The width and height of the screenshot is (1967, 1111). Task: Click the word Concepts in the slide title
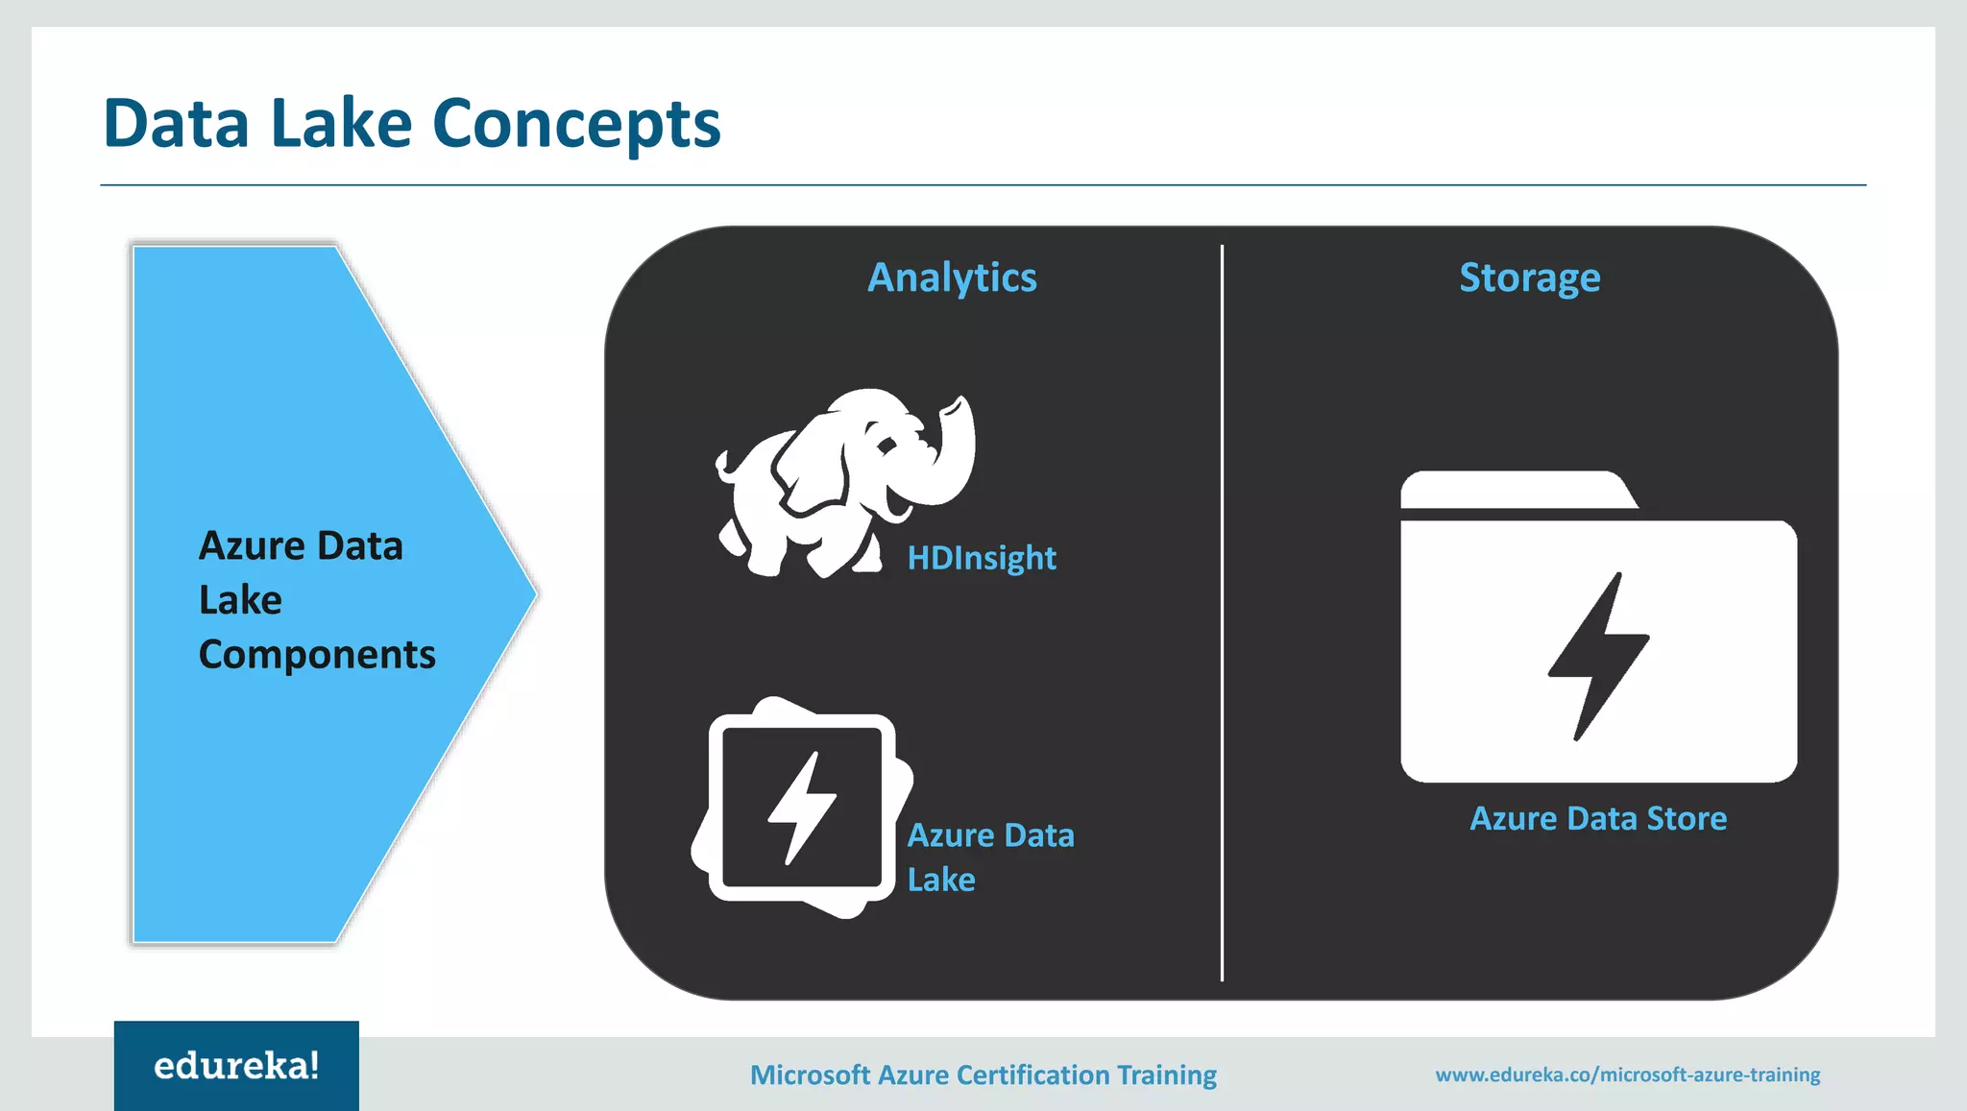click(x=576, y=125)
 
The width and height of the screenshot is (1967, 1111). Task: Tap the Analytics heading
click(x=952, y=278)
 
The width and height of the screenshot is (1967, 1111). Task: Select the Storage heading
click(x=1529, y=278)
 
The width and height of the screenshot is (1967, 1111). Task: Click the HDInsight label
click(x=981, y=558)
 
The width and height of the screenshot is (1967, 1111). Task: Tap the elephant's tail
click(x=725, y=465)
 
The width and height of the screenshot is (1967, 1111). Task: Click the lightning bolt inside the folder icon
click(x=1597, y=656)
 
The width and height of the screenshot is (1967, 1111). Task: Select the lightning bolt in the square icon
click(x=801, y=808)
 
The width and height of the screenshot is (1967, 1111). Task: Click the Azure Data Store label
click(x=1597, y=818)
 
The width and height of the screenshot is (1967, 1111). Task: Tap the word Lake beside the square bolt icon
click(x=941, y=880)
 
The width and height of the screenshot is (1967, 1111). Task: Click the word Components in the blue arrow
click(x=317, y=655)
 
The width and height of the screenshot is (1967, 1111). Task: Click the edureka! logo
click(x=236, y=1066)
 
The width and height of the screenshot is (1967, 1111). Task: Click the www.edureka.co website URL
click(x=1627, y=1075)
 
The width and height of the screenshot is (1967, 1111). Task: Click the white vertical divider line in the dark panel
click(x=1222, y=615)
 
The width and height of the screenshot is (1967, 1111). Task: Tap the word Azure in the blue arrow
click(x=252, y=546)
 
